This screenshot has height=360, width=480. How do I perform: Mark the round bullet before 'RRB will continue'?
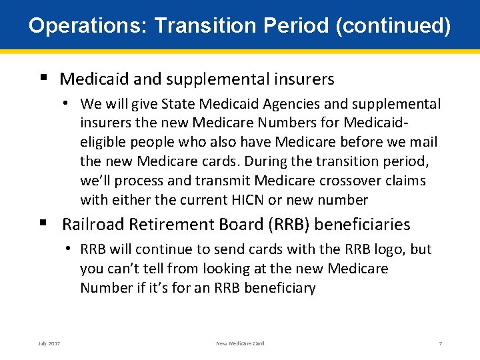[69, 249]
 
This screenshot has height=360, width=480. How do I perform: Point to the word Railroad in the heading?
[97, 225]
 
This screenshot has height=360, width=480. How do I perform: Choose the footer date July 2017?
[49, 343]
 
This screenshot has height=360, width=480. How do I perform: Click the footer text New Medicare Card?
[240, 343]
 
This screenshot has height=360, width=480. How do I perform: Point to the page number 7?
[440, 343]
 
